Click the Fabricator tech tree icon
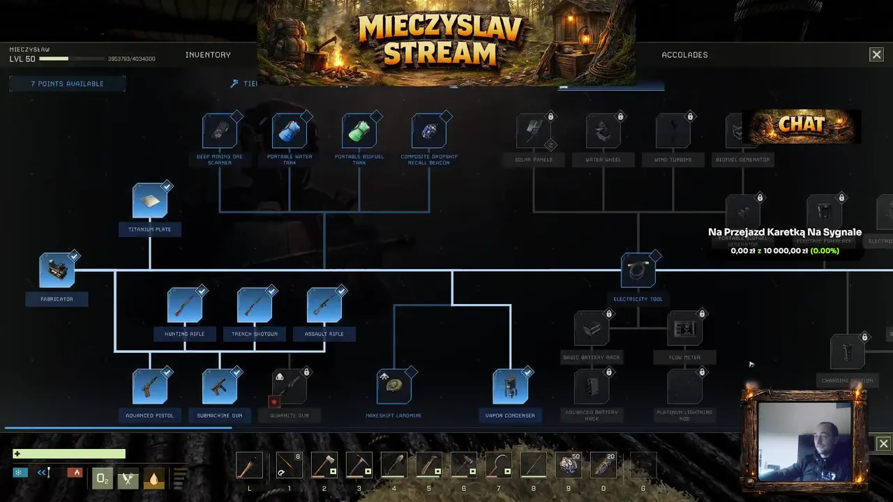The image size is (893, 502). pyautogui.click(x=57, y=271)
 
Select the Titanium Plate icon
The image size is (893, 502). pyautogui.click(x=150, y=201)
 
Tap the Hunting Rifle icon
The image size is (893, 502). pyautogui.click(x=185, y=305)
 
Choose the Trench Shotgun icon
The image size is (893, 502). pyautogui.click(x=255, y=305)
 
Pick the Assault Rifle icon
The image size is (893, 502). pyautogui.click(x=324, y=305)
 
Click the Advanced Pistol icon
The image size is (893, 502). pyautogui.click(x=150, y=387)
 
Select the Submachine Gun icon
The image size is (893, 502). pyautogui.click(x=220, y=387)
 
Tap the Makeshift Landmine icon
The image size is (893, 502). pyautogui.click(x=394, y=387)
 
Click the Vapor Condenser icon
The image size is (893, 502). pyautogui.click(x=511, y=387)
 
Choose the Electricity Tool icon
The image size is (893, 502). pyautogui.click(x=638, y=271)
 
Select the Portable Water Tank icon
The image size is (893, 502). pyautogui.click(x=290, y=131)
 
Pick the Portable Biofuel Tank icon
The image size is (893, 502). pyautogui.click(x=359, y=131)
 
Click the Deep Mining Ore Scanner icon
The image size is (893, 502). pyautogui.click(x=220, y=131)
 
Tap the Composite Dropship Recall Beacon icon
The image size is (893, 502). pyautogui.click(x=429, y=131)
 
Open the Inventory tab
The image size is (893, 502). pyautogui.click(x=208, y=55)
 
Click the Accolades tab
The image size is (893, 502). pyautogui.click(x=684, y=55)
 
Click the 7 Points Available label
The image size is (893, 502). pyautogui.click(x=67, y=84)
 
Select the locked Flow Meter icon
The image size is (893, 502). pyautogui.click(x=684, y=328)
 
